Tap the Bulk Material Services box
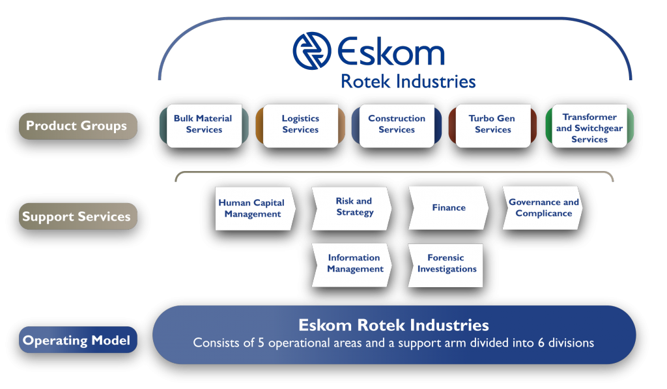[203, 125]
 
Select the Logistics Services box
[300, 125]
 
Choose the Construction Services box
[396, 125]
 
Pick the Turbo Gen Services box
[492, 125]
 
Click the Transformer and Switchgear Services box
[589, 128]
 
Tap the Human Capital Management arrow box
[252, 208]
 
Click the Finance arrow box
[448, 208]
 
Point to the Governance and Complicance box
[543, 208]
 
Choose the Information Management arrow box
[354, 264]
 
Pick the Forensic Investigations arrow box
[446, 264]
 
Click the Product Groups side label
[77, 126]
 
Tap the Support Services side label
[77, 217]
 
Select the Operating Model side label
[77, 340]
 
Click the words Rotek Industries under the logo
[408, 82]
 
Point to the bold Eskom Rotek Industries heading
[393, 325]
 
